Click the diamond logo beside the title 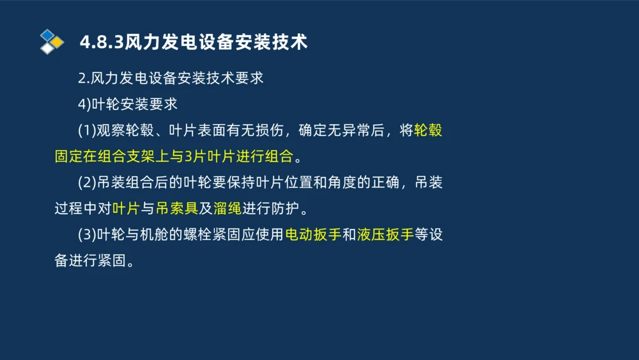coord(52,42)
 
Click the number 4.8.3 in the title coord(102,42)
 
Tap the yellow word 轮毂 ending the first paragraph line coord(428,131)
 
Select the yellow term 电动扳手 coord(313,235)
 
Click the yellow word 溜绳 coord(228,208)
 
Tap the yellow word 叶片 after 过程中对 coord(126,208)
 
